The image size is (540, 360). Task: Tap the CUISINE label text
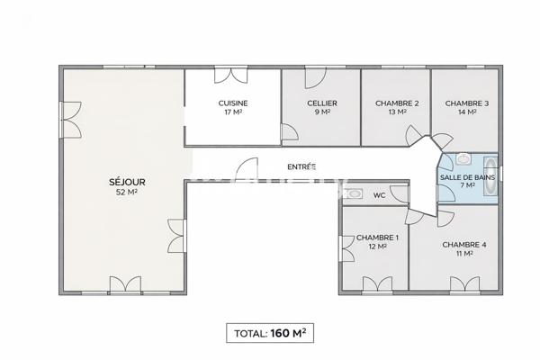pos(233,103)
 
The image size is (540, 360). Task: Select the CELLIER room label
pos(321,103)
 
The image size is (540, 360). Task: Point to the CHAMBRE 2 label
pos(397,103)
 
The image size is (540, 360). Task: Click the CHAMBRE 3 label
pos(467,103)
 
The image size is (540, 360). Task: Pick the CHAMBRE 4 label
pos(464,245)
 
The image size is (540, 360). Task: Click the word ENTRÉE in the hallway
pos(301,166)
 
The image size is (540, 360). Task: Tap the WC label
pos(379,194)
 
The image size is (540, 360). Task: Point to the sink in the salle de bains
pos(463,159)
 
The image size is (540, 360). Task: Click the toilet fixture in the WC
pos(355,193)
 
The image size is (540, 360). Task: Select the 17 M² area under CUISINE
pos(233,113)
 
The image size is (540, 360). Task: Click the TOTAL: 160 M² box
pos(270,332)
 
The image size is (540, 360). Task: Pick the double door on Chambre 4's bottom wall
pos(464,286)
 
